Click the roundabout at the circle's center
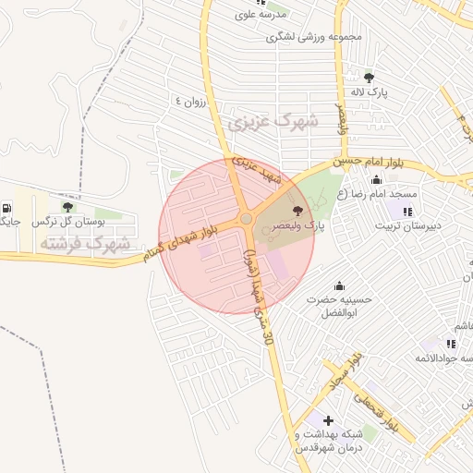point(246,219)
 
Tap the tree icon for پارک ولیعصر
point(297,212)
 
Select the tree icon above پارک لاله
point(370,78)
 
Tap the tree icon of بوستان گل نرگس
point(67,208)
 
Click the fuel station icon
point(8,208)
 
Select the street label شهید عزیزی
point(255,167)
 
